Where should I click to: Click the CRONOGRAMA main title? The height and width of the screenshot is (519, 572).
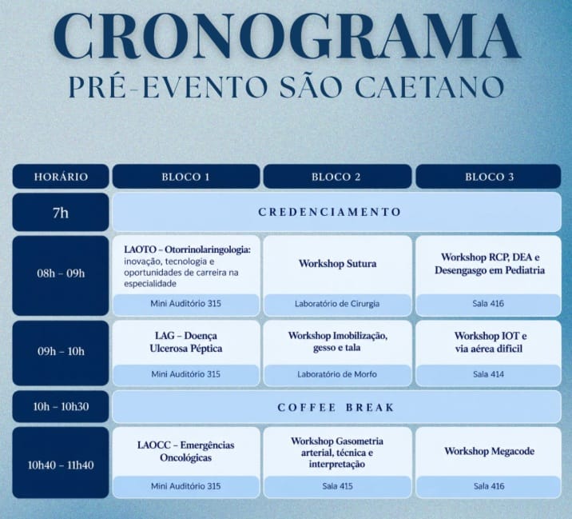point(287,38)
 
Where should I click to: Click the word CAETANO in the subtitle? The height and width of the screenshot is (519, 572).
point(429,87)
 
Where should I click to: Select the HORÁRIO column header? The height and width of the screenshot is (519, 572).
point(61,177)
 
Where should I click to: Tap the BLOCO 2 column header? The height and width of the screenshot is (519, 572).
point(336,177)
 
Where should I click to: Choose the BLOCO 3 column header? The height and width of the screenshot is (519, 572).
point(489,177)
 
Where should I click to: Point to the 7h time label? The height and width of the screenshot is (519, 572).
point(61,213)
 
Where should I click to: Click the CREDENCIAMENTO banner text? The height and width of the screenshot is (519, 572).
point(329,212)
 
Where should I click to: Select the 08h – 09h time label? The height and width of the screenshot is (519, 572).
point(61,273)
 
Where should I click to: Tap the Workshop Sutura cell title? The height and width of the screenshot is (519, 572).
point(337,263)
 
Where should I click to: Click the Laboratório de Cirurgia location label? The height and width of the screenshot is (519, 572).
point(337,304)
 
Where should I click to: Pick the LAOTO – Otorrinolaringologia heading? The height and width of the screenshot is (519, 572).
point(187,250)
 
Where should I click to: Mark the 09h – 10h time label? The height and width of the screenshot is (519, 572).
point(61,351)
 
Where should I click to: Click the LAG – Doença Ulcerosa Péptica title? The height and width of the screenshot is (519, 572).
point(186,341)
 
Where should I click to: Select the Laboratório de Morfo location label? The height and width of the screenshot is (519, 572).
point(337,374)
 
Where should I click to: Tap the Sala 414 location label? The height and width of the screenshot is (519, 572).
point(488,374)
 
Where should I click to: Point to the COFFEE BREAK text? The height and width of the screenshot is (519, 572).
point(336,407)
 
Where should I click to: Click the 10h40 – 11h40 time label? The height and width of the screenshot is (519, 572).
point(61,465)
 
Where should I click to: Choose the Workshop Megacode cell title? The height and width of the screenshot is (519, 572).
point(489,451)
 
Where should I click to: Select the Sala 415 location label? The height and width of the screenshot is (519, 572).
point(337,486)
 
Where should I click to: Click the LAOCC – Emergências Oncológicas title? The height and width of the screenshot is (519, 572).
point(186,452)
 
